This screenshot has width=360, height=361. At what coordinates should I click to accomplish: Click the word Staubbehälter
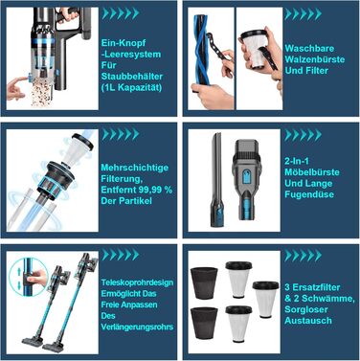pos(132,77)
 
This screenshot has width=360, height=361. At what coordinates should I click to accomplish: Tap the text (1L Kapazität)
pos(131,87)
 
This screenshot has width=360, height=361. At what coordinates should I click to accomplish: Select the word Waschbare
pos(309,49)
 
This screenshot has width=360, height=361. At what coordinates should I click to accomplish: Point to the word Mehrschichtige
pos(135,168)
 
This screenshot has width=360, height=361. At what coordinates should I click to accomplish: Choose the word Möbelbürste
pos(312,172)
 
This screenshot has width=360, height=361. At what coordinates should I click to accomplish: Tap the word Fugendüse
pos(309,194)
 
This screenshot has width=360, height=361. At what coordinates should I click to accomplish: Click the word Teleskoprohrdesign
pos(138,282)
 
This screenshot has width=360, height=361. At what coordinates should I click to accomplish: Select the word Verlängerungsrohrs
pos(137,327)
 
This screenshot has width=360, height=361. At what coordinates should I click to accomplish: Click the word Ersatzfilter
pos(316,287)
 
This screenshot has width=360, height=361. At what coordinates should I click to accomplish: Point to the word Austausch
pos(308,321)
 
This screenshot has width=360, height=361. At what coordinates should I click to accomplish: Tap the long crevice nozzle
pos(215,180)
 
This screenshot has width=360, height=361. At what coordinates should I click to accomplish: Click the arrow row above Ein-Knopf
pos(121,13)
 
